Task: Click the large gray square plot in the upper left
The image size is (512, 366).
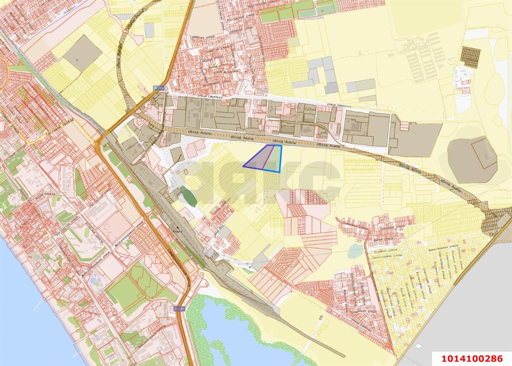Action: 83,53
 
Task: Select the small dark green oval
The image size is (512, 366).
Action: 188,196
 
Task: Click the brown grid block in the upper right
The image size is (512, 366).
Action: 470,56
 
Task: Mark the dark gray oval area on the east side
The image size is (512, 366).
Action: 472,159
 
